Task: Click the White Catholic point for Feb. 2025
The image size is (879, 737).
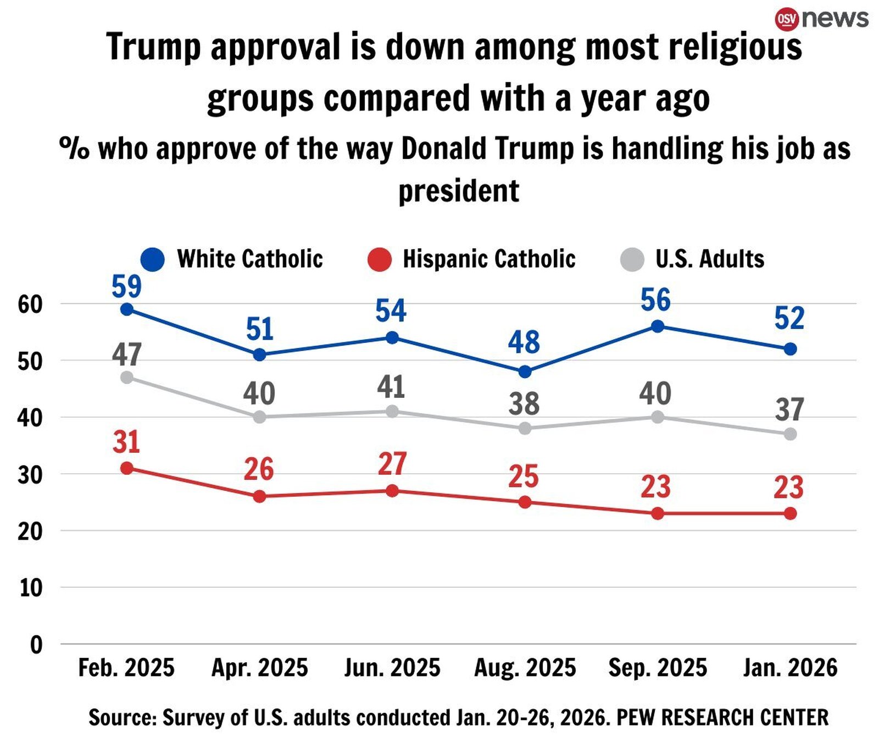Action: [x=127, y=309]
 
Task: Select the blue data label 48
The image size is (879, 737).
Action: [x=524, y=342]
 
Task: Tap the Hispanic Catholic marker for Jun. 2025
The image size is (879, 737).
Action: [x=392, y=491]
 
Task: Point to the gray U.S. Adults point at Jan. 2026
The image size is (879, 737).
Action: [x=790, y=434]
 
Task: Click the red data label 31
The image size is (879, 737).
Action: [x=126, y=442]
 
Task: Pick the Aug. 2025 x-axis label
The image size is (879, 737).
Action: [x=525, y=668]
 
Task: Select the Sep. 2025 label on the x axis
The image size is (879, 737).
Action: [x=658, y=668]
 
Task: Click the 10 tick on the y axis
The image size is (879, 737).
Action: [x=31, y=588]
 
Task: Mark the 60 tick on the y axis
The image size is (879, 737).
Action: [x=31, y=304]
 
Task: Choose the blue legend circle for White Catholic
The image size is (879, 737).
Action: [x=152, y=259]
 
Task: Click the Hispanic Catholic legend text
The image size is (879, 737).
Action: [x=489, y=259]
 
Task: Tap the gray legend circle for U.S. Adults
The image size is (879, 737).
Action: [x=632, y=259]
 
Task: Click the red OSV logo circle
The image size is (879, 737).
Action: [x=786, y=19]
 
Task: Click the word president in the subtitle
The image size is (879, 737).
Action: [x=458, y=191]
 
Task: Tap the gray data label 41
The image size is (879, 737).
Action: [x=391, y=387]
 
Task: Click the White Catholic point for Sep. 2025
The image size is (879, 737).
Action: [x=658, y=326]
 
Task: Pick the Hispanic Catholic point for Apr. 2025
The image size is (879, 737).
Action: [x=260, y=497]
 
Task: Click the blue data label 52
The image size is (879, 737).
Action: [x=789, y=318]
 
